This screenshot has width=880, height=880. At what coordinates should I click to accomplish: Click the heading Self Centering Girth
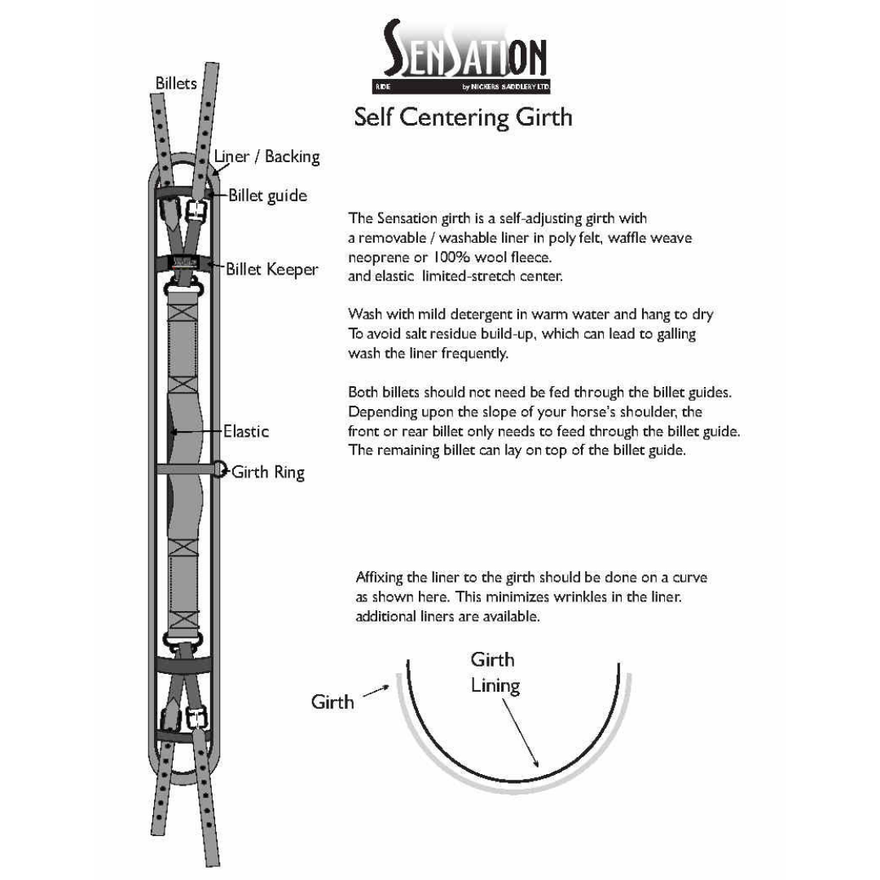point(463,117)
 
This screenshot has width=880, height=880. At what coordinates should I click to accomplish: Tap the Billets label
point(176,83)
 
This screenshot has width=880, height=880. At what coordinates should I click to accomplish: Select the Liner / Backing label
point(266,156)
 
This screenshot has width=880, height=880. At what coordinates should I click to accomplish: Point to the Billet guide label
point(267,196)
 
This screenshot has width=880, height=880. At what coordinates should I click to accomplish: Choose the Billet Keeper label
point(272,269)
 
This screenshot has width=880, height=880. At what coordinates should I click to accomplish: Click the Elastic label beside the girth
point(246,431)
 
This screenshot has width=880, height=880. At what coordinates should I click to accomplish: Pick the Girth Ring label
point(268,472)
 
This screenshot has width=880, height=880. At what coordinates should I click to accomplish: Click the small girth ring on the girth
point(219,469)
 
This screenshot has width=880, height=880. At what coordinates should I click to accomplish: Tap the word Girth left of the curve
point(332,702)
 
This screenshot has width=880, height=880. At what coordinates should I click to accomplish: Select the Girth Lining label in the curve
point(494,672)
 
